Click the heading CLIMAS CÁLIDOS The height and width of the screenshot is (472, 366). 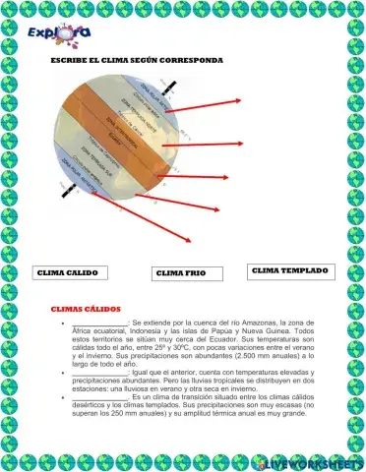click(85, 308)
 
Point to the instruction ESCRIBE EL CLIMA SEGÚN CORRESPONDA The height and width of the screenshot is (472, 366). click(137, 60)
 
